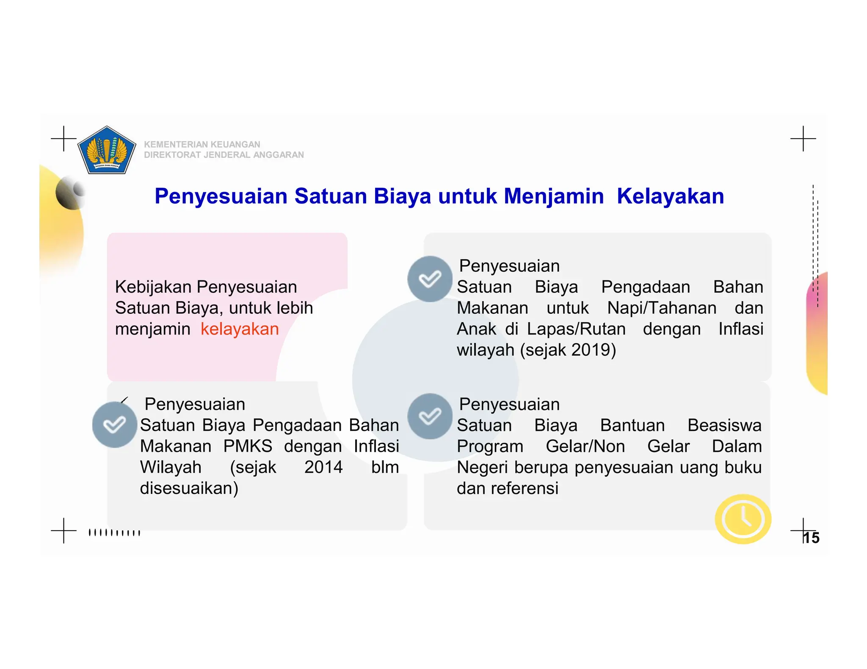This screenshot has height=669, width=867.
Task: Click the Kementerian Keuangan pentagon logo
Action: pos(107,151)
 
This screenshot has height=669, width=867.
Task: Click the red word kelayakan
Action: pos(240,329)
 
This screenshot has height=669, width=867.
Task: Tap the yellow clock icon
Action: pos(743,519)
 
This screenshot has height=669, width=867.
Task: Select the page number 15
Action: pos(811,538)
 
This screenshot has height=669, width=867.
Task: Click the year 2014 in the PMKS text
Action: pos(323,467)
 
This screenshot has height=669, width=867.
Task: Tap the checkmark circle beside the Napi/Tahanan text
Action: pos(430,279)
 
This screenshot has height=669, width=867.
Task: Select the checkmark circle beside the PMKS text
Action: pos(115,425)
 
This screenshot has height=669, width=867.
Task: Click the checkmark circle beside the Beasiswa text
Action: pos(430,417)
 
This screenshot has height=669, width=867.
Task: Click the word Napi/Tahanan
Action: pos(662,308)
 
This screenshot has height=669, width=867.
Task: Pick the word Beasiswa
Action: pos(724,425)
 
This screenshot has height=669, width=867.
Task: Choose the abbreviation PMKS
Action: pos(248,447)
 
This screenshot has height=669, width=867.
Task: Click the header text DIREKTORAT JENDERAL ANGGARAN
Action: pos(224,155)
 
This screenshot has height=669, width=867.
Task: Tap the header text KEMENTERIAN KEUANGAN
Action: pos(202,145)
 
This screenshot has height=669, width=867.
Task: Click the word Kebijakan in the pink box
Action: pos(153,287)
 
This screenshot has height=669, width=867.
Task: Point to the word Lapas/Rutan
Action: pos(576,329)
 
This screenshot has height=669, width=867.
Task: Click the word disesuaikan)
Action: pos(189,488)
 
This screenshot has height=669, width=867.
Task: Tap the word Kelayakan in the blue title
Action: pos(670,196)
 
